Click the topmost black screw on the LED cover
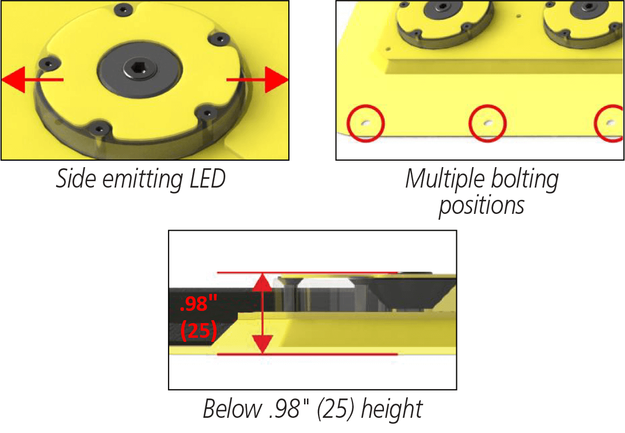coord(123,9)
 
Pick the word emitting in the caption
coord(141,179)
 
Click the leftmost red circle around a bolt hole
coord(366,123)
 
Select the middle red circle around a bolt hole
coord(488,123)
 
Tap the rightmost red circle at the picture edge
coord(610,123)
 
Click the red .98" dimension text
coord(199,304)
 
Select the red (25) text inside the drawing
coord(199,331)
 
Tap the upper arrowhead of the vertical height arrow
coord(263,283)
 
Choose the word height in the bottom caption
coord(392,408)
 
